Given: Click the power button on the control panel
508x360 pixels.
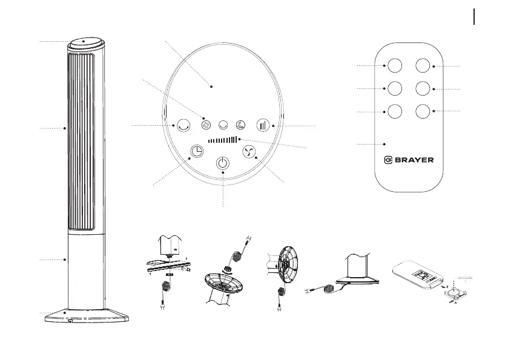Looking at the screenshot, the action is [x=223, y=163].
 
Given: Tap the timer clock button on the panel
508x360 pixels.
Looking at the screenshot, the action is [x=196, y=151].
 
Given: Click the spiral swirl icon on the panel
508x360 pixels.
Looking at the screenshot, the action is [x=207, y=125].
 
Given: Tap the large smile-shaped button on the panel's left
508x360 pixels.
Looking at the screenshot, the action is [x=181, y=125].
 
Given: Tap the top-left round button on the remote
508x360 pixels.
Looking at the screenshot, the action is [x=394, y=65].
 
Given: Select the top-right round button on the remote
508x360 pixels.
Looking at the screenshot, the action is [x=423, y=65].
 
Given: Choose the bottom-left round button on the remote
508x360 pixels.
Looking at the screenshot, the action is [x=394, y=112].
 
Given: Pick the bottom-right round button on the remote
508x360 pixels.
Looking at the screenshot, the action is [x=423, y=112].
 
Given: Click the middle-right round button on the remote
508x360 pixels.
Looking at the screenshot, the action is [x=423, y=88].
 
